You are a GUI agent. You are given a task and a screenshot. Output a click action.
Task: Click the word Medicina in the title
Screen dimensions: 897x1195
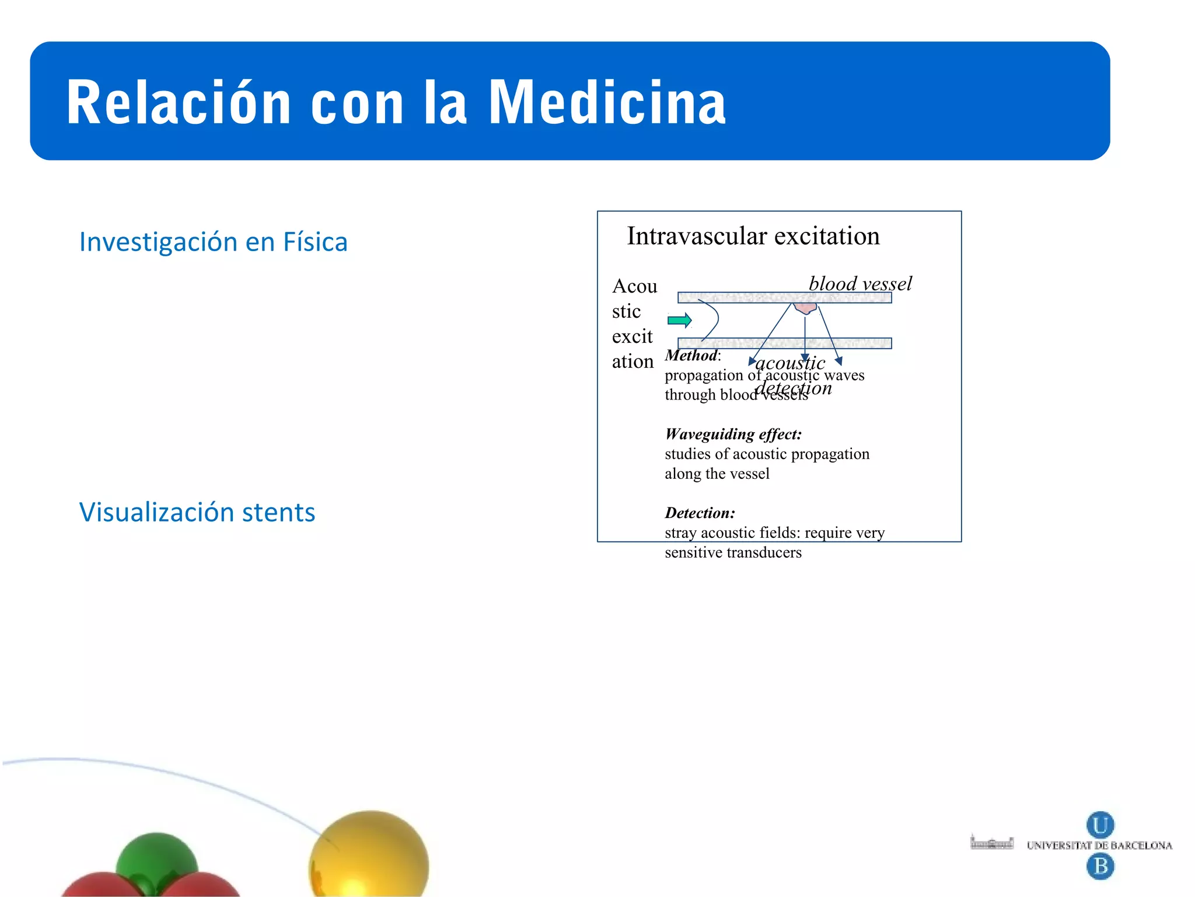pyautogui.click(x=607, y=103)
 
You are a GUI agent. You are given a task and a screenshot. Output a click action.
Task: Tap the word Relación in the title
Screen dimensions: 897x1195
pyautogui.click(x=179, y=103)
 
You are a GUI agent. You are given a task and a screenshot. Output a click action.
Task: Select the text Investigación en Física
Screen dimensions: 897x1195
pyautogui.click(x=214, y=242)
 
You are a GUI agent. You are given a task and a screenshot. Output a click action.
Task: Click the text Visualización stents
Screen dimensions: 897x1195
pyautogui.click(x=197, y=512)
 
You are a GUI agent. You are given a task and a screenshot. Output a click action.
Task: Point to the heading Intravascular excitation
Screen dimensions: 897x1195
pyautogui.click(x=753, y=236)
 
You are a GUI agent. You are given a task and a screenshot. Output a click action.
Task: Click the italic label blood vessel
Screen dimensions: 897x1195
pyautogui.click(x=860, y=284)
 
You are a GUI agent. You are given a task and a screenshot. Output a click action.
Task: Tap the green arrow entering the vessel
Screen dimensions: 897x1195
pyautogui.click(x=679, y=320)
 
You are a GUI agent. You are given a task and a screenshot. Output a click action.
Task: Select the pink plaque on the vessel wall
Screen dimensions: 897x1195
pyautogui.click(x=805, y=307)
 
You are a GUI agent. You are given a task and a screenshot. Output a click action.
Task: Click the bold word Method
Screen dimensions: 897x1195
pyautogui.click(x=691, y=355)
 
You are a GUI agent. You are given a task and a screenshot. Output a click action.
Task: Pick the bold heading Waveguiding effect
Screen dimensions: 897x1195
pyautogui.click(x=733, y=434)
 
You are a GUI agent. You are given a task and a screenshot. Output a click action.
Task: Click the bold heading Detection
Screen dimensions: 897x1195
pyautogui.click(x=700, y=513)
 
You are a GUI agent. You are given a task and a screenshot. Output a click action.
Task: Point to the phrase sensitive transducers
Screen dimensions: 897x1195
pyautogui.click(x=733, y=552)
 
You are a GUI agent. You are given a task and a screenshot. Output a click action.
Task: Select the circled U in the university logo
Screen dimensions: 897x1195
pyautogui.click(x=1100, y=825)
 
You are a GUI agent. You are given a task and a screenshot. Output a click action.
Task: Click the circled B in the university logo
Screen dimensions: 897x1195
pyautogui.click(x=1100, y=865)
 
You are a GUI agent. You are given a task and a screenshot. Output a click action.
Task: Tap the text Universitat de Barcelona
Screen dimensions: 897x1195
pyautogui.click(x=1099, y=846)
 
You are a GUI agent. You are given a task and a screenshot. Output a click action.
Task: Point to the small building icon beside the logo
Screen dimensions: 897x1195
pyautogui.click(x=991, y=843)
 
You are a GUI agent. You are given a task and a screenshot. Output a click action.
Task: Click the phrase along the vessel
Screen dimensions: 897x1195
pyautogui.click(x=717, y=474)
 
